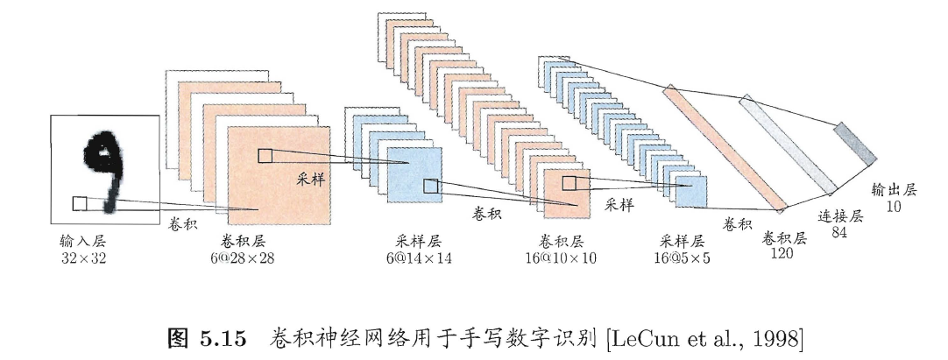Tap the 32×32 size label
pos(83,258)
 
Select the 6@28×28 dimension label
pos(241,258)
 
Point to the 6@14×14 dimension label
pos(418,258)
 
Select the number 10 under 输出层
pos(893,207)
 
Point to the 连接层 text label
pos(840,216)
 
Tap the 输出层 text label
pos(893,190)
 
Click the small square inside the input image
pos(79,203)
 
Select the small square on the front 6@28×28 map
pos(265,156)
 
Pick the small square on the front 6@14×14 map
pos(430,186)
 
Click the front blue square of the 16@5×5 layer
pos(690,192)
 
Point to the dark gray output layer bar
pos(854,143)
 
